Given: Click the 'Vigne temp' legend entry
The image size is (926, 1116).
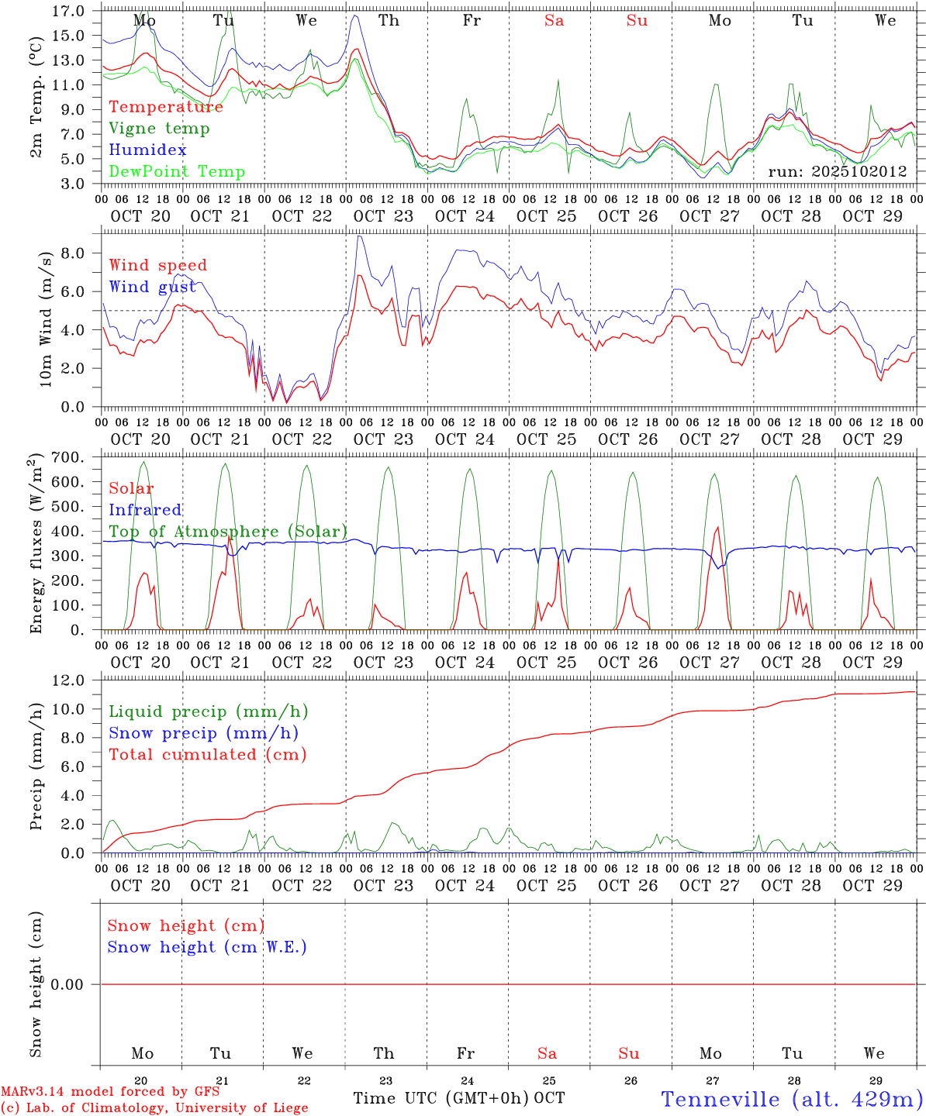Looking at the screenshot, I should tap(159, 129).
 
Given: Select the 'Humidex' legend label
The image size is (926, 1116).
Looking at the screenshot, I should tap(147, 150).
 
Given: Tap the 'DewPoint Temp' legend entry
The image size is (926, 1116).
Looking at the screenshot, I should tap(177, 172).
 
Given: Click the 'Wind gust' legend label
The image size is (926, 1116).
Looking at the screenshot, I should tap(152, 288).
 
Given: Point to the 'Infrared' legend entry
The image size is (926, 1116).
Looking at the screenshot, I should tap(145, 510).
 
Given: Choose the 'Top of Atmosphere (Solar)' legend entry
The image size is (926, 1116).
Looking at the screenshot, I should tap(228, 532).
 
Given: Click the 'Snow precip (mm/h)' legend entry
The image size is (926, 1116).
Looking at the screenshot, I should tap(203, 733).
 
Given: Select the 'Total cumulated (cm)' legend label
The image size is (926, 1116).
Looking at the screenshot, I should tap(207, 755).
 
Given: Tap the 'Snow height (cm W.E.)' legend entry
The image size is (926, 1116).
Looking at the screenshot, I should tap(207, 947).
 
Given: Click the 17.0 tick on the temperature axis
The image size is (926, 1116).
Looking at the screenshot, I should tap(70, 11).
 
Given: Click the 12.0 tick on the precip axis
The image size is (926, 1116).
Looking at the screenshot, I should tap(70, 680).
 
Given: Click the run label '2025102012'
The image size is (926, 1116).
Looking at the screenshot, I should tap(838, 172).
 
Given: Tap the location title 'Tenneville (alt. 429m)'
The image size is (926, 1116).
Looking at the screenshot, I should tap(792, 1099).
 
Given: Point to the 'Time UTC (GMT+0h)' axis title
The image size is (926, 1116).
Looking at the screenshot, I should tap(441, 1098).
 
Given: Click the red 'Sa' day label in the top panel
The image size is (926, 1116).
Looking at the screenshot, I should tap(554, 21).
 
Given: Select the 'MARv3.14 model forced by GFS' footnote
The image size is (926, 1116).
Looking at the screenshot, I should tap(109, 1091).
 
